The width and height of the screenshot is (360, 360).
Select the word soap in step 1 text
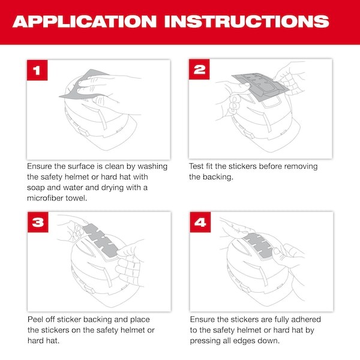click(x=38, y=188)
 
